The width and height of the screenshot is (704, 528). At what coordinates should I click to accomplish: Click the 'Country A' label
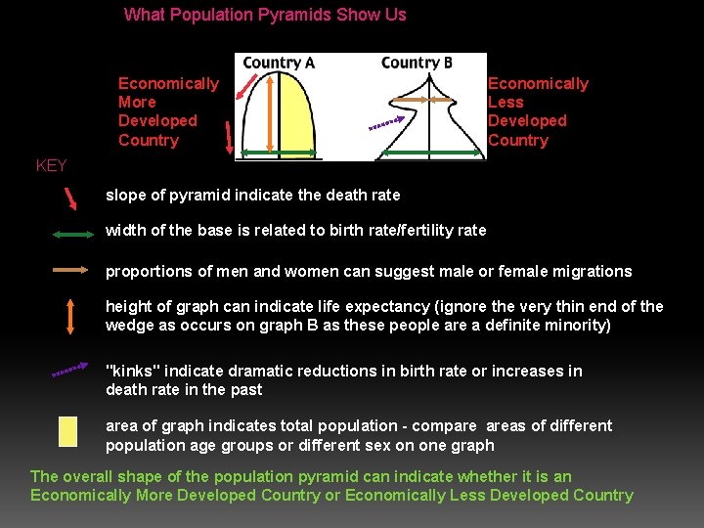279,63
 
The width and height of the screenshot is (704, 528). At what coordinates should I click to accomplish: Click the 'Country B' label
417,63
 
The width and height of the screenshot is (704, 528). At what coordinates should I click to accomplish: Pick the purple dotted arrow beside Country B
386,123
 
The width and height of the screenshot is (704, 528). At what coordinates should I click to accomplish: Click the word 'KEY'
51,165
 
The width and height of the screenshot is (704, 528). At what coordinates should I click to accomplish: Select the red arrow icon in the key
70,198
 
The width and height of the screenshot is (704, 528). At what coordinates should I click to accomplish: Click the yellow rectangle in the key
67,431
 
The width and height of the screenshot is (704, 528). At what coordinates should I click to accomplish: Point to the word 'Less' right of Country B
506,103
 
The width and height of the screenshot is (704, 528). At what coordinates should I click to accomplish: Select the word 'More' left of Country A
137,103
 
